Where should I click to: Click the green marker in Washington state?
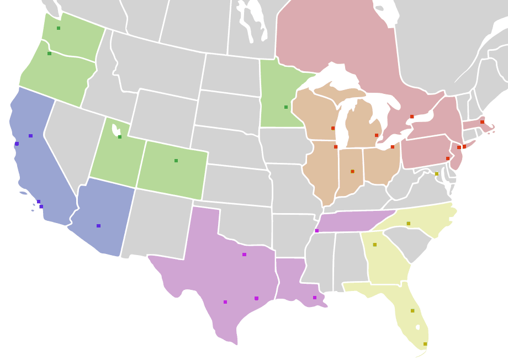[x=59, y=28]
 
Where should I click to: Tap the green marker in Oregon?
[x=49, y=54]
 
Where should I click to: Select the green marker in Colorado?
[x=176, y=161]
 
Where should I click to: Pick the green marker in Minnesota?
[x=286, y=107]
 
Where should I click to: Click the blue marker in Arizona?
[x=98, y=226]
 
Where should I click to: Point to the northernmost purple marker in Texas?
[x=244, y=255]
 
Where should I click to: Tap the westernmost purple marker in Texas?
[x=225, y=302]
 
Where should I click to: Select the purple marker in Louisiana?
[x=315, y=298]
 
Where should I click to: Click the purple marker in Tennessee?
[x=317, y=231]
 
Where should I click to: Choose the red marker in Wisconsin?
[x=333, y=128]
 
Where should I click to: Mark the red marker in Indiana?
[x=352, y=172]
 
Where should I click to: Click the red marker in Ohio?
[x=393, y=147]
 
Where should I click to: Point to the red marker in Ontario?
[x=412, y=117]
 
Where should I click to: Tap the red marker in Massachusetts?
[x=482, y=122]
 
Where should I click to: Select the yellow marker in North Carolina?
[x=409, y=224]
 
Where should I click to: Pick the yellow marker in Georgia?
[x=374, y=245]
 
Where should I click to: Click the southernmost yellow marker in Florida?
[x=425, y=344]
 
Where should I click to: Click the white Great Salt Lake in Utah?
[x=115, y=130]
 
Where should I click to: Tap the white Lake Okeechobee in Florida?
[x=418, y=327]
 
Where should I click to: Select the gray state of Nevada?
[x=66, y=144]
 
